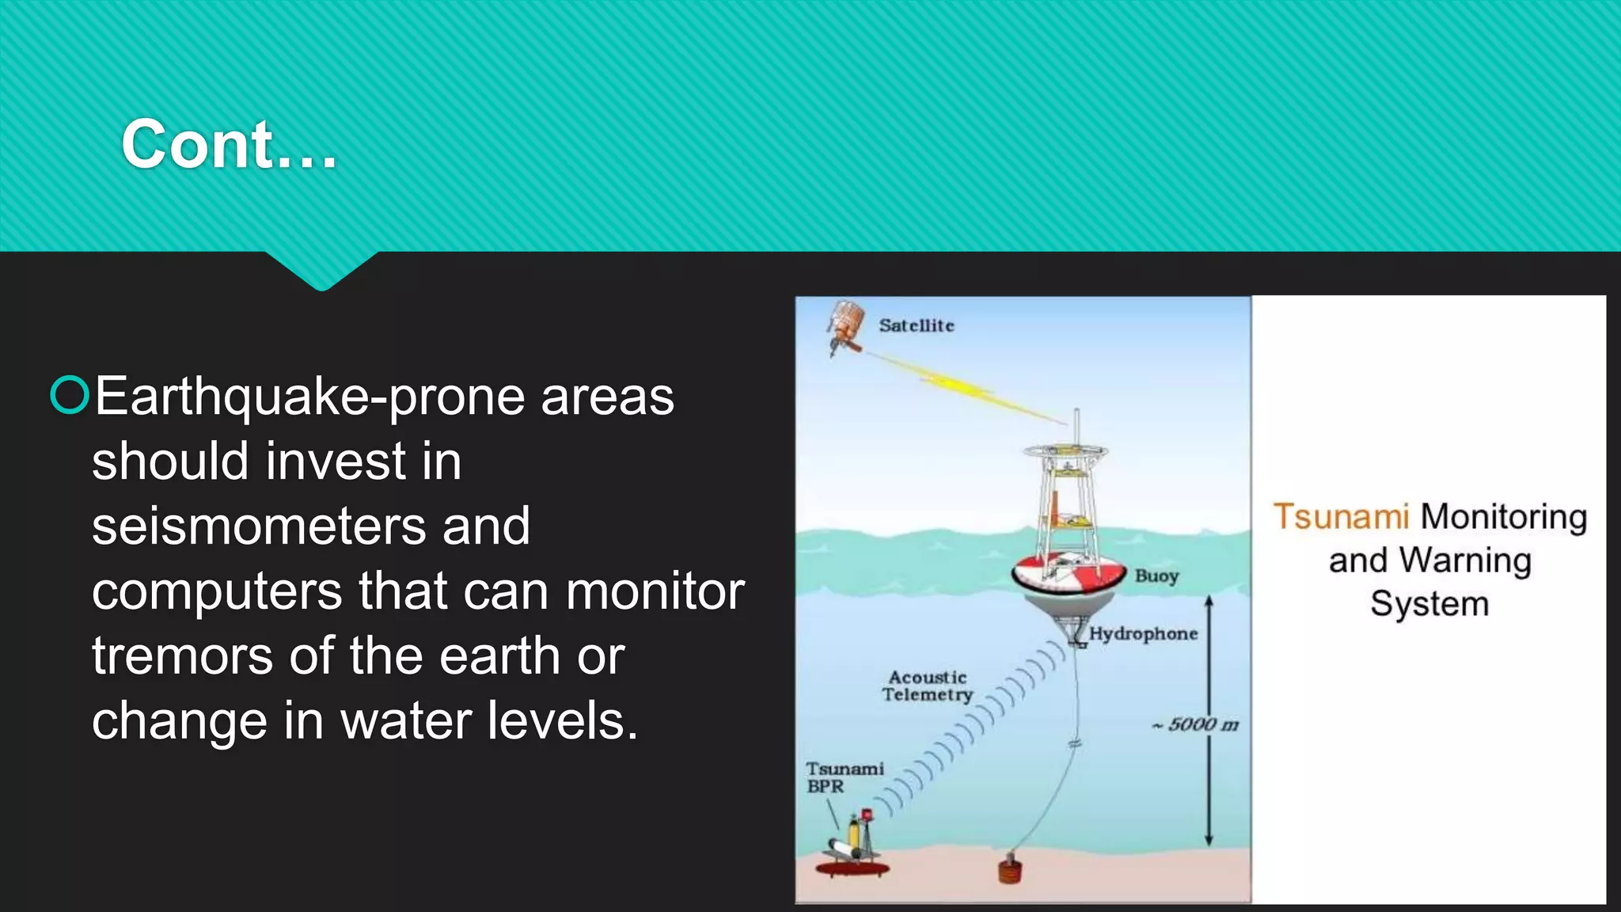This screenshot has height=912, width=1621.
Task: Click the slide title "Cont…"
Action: pos(230,144)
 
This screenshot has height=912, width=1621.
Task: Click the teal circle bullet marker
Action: pos(70,395)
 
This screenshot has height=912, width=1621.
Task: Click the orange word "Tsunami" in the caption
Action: pos(1341,517)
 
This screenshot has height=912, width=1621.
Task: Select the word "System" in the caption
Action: pos(1429,604)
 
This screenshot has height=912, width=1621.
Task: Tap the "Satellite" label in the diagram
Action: pos(917,325)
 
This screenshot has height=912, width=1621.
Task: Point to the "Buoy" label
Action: pos(1156,576)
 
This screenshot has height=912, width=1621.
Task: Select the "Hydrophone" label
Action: pos(1143,633)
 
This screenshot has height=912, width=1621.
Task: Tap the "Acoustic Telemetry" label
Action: pos(927,686)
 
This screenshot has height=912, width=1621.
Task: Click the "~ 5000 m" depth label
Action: pos(1196,724)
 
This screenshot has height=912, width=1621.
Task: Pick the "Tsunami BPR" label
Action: pos(844,777)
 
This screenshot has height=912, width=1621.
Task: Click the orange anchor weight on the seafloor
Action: pos(1010,869)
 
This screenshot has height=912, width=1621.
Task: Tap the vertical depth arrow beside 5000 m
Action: pos(1209,720)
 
